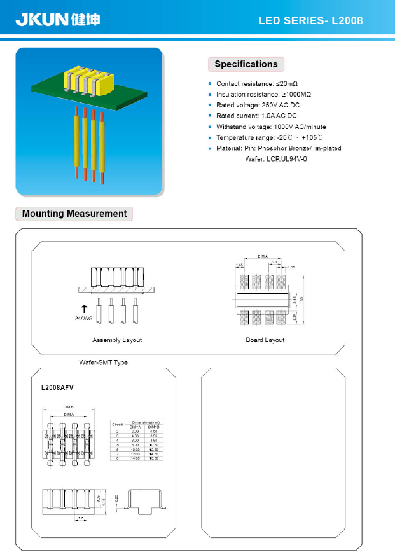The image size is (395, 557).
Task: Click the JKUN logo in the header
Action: (x=58, y=20)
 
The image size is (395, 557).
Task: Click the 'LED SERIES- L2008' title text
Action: (x=310, y=21)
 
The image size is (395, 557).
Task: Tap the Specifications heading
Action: (x=246, y=64)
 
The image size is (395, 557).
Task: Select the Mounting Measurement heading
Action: (x=74, y=214)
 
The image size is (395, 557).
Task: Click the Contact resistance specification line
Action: (x=257, y=84)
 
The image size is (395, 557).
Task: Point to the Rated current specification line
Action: (x=256, y=116)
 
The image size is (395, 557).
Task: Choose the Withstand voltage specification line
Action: (x=271, y=127)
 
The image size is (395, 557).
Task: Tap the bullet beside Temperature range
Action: (x=211, y=137)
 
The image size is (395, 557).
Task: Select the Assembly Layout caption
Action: (x=117, y=340)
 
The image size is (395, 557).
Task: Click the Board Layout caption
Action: (x=265, y=340)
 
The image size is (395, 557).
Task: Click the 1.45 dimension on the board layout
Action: (x=240, y=265)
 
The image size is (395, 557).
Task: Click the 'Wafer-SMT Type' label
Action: (x=103, y=362)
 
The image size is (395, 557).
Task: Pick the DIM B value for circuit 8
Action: (x=153, y=458)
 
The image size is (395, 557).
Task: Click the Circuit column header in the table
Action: (x=117, y=424)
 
